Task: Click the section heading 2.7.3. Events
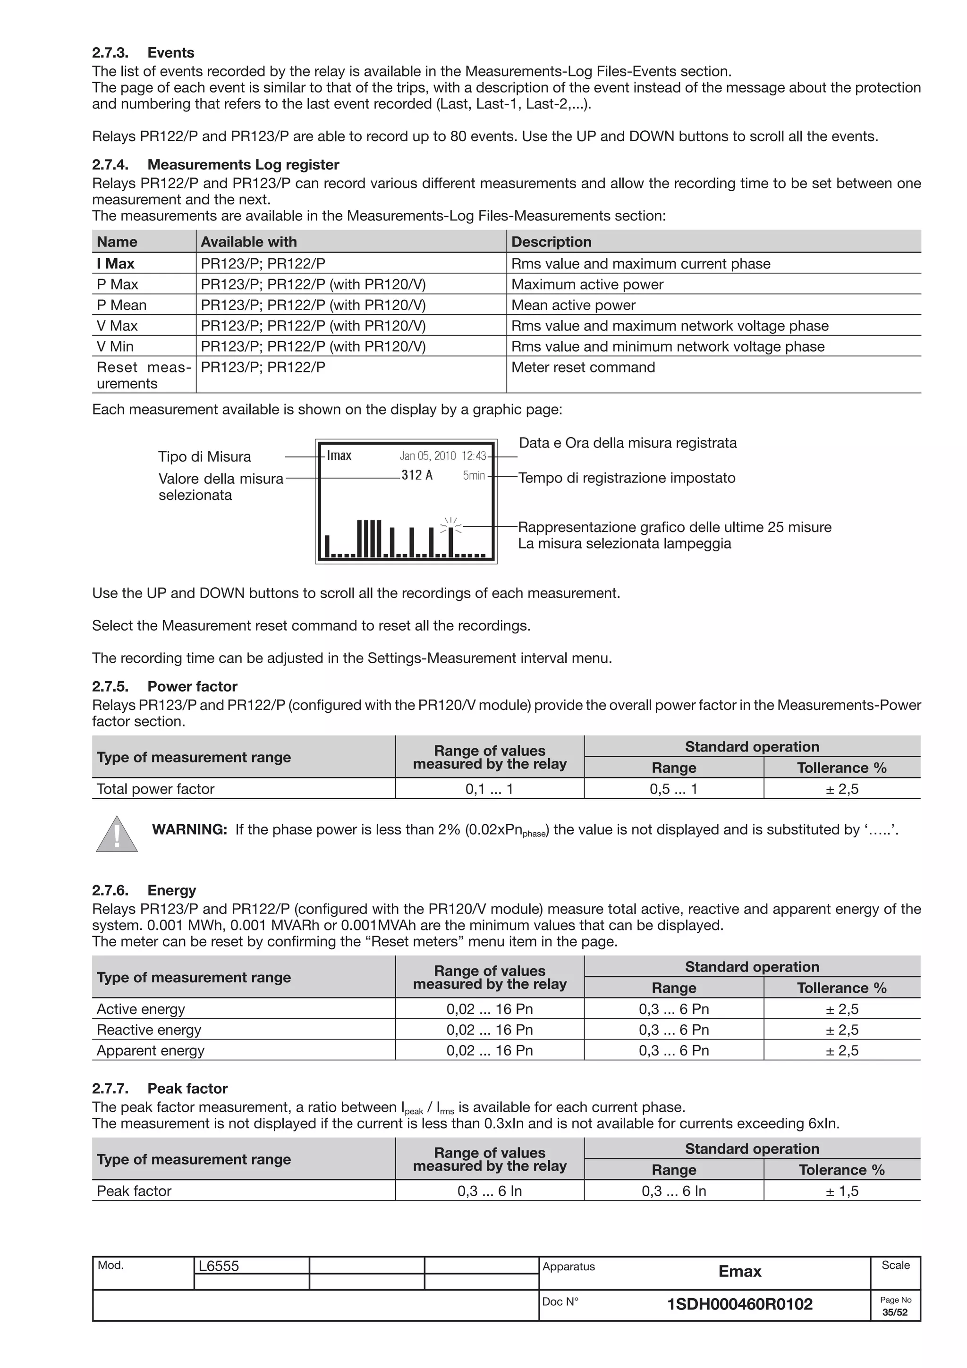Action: click(143, 53)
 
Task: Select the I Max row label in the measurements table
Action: click(116, 263)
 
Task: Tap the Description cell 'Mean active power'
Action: click(573, 305)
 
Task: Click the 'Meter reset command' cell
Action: click(583, 367)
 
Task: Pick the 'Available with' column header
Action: click(248, 242)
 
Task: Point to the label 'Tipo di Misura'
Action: click(204, 457)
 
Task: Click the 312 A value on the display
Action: click(416, 475)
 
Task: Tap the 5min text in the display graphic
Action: click(474, 475)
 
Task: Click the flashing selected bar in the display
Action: click(451, 540)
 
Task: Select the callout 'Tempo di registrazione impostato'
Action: click(627, 478)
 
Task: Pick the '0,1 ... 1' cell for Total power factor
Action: click(489, 789)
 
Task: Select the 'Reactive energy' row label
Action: click(149, 1030)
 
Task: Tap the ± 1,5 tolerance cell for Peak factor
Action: click(842, 1191)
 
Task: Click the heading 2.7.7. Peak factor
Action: click(160, 1089)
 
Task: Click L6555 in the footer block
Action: click(219, 1266)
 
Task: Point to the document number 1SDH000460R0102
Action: click(739, 1304)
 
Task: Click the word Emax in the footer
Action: click(739, 1272)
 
